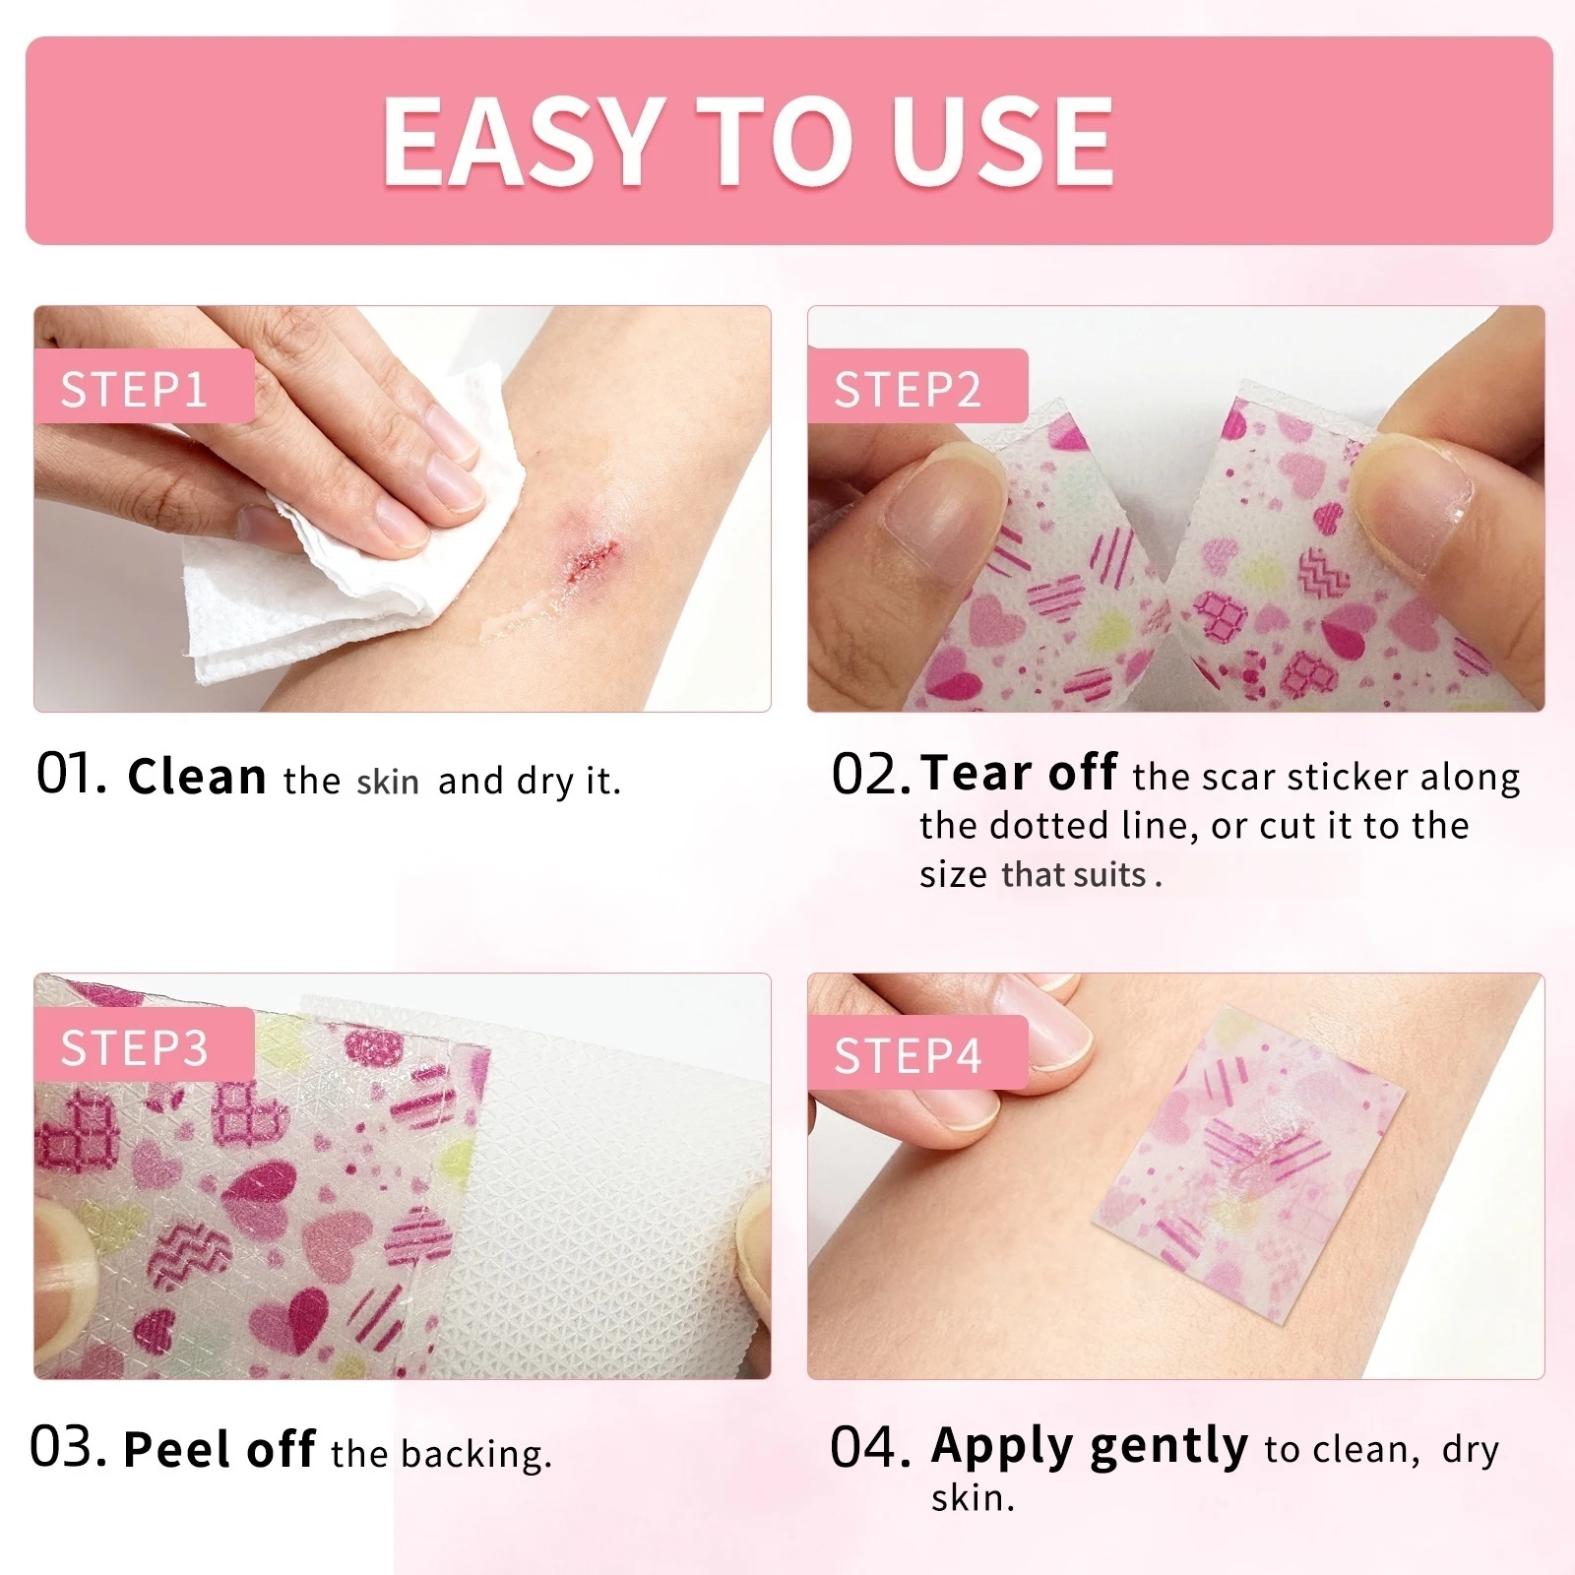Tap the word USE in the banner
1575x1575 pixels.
[x=1002, y=141]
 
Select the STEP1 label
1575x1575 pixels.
[x=135, y=390]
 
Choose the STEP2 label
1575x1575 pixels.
[x=908, y=390]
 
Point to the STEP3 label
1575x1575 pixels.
[x=135, y=1047]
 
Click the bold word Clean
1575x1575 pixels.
[x=197, y=777]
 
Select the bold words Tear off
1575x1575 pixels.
[x=1020, y=773]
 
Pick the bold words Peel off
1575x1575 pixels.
[x=220, y=1449]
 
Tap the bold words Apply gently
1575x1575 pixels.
[x=1090, y=1447]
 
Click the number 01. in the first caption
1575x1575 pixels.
[x=71, y=775]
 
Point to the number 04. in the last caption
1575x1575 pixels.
[x=871, y=1448]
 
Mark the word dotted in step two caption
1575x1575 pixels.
[x=1048, y=825]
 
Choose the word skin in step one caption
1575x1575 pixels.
[x=388, y=782]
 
